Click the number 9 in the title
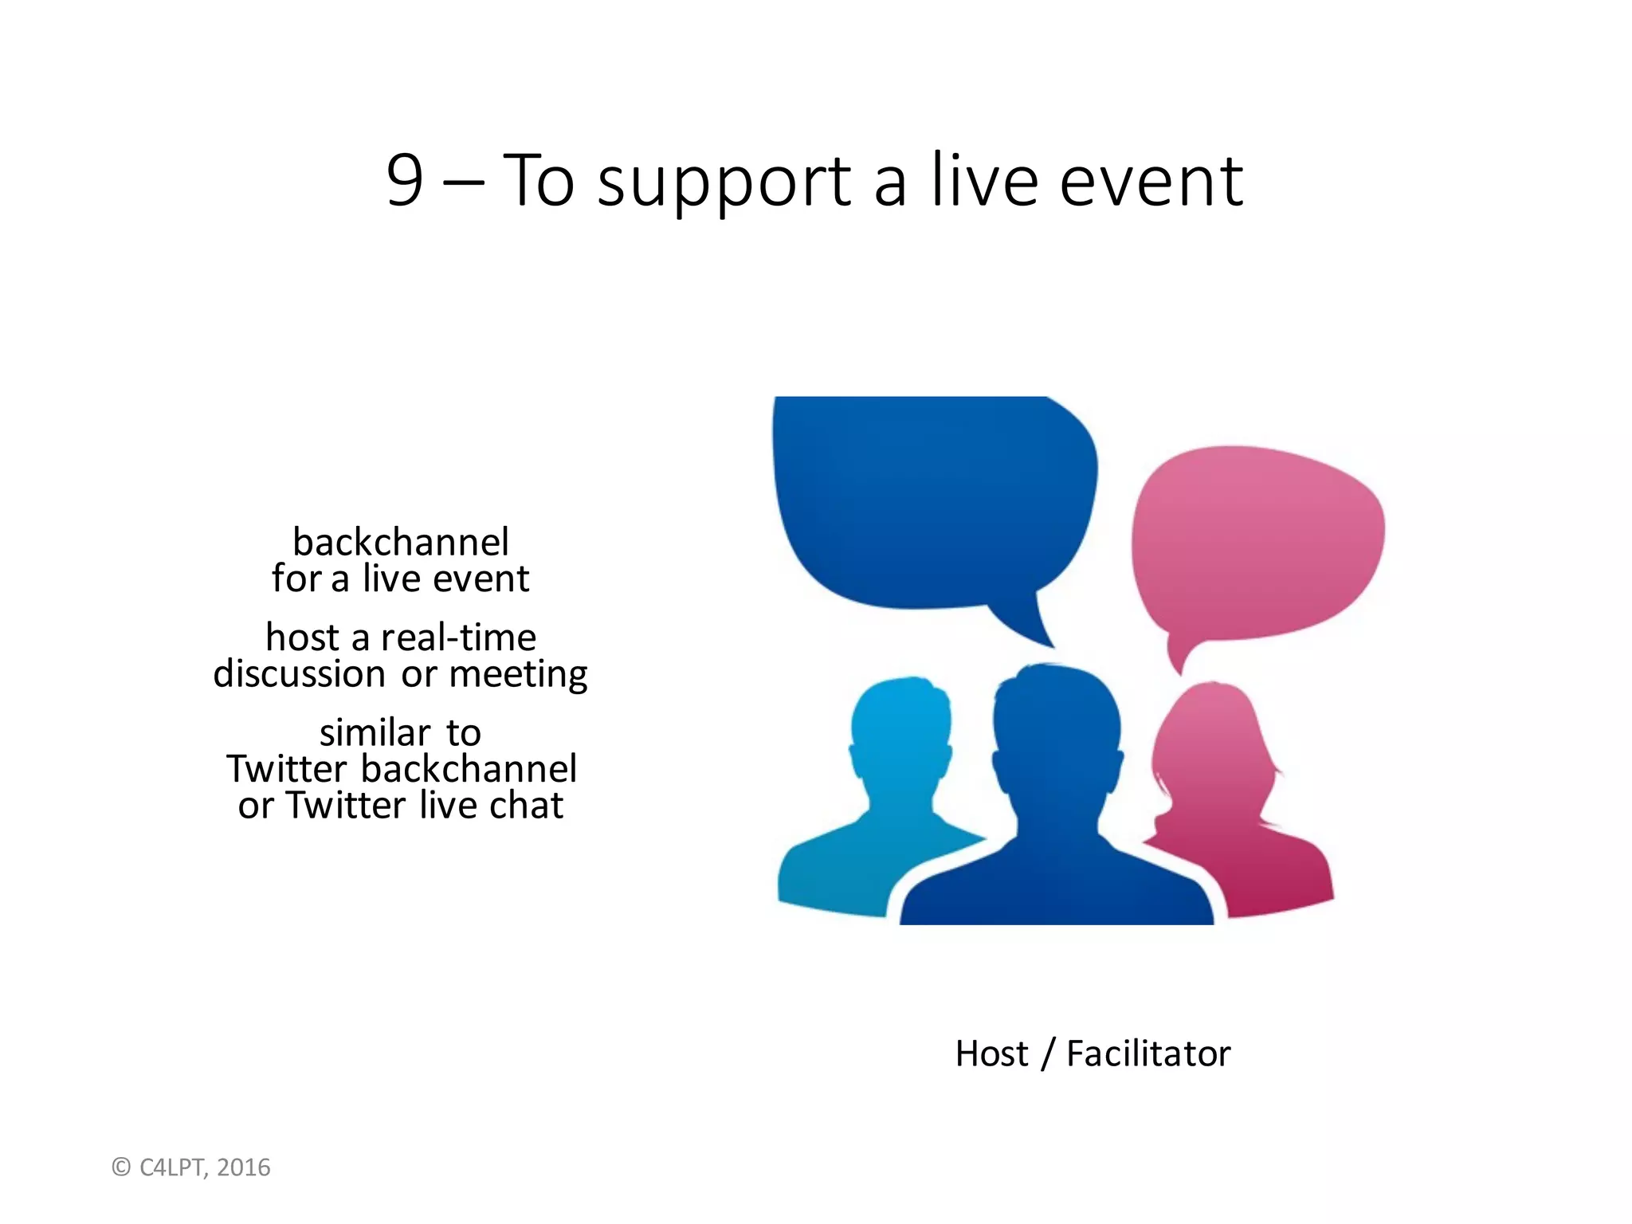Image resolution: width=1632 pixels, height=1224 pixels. [405, 181]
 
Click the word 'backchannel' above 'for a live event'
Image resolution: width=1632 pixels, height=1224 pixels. [401, 543]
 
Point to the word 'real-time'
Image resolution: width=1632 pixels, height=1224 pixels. [458, 637]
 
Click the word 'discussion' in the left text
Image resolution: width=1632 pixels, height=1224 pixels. [300, 674]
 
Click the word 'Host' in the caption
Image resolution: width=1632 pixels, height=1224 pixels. [991, 1053]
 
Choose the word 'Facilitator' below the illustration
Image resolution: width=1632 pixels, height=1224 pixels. [1148, 1053]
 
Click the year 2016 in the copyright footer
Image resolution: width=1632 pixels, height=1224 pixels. [244, 1167]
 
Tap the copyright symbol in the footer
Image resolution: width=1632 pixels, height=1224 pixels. [121, 1167]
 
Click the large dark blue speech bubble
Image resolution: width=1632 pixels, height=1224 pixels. [932, 502]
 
